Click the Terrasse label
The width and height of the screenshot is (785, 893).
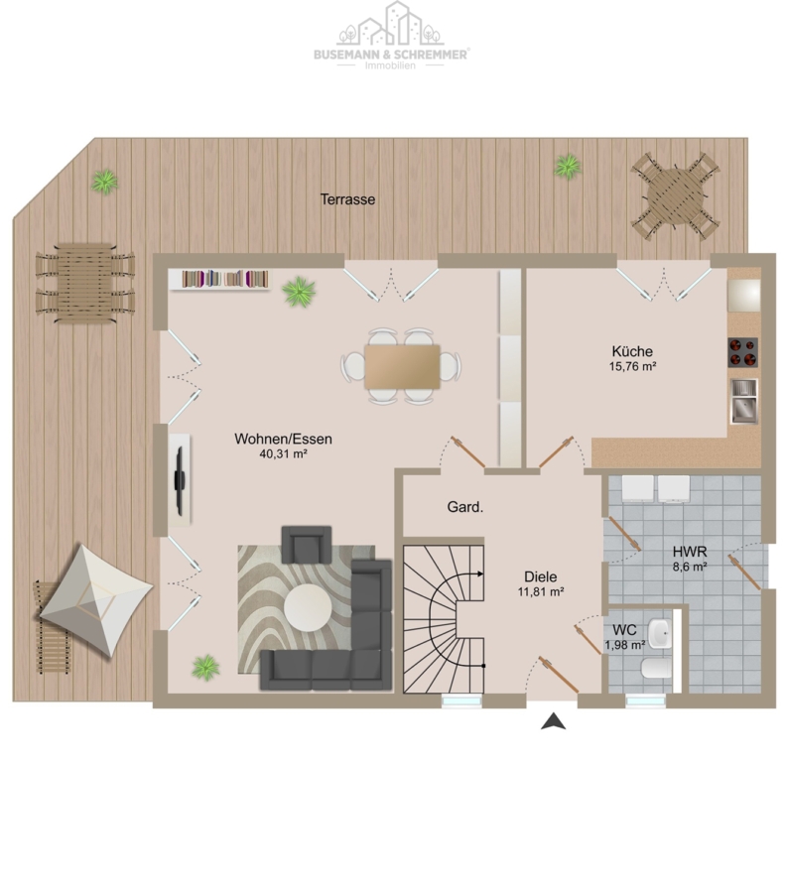coord(347,199)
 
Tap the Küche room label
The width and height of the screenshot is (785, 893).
coord(632,351)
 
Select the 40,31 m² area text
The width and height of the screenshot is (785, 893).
coord(284,453)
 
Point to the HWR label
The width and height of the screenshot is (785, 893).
coord(690,552)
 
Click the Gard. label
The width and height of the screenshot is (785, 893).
coord(464,507)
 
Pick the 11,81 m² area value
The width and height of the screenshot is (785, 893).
coord(541,591)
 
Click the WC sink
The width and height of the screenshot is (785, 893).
coord(661,633)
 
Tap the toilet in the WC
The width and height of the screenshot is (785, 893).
coord(657,669)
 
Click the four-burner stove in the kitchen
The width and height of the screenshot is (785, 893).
coord(743,352)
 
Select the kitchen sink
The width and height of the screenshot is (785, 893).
coord(744,402)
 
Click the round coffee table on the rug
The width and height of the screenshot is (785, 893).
coord(308,607)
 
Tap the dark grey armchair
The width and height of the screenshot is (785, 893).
coord(307,545)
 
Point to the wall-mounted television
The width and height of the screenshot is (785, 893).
coord(180,480)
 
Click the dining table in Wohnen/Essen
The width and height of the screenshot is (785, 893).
coord(402,366)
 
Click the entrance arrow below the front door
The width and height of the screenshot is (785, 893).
coord(553,721)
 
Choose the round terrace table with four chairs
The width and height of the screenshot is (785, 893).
coord(675,195)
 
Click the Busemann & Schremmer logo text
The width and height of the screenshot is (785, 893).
coord(391,55)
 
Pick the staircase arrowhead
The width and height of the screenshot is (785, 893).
coord(480,574)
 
